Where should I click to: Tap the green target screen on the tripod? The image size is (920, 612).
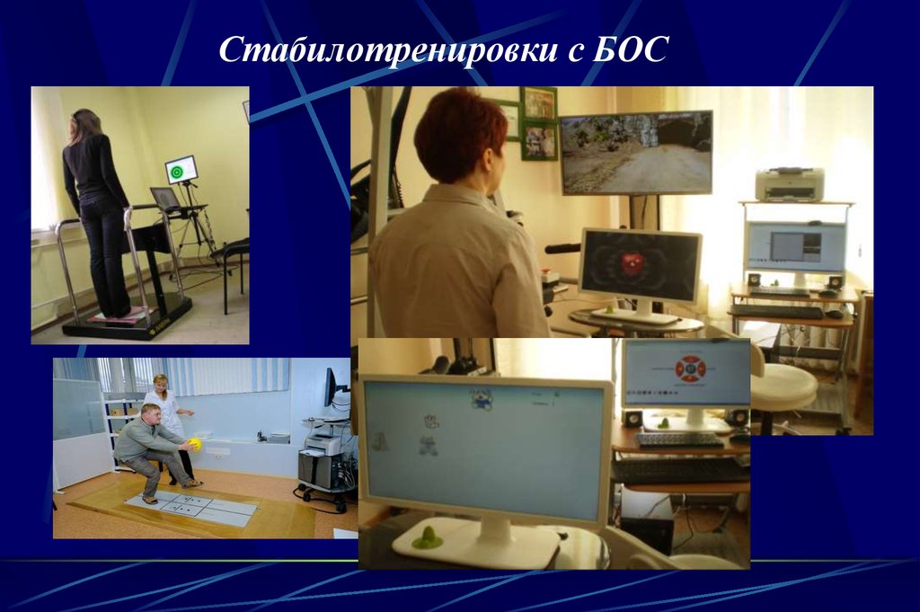(x=181, y=169)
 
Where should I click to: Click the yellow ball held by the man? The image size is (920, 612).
(x=195, y=444)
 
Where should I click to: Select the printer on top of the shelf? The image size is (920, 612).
(x=789, y=185)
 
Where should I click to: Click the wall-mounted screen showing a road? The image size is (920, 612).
(x=636, y=152)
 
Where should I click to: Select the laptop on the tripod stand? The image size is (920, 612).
(x=165, y=199)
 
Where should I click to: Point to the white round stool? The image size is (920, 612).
(x=783, y=386)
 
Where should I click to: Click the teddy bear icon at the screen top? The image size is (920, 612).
(x=482, y=399)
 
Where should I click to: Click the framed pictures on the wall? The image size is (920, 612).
(x=539, y=123)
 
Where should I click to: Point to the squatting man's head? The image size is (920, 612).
(x=151, y=414)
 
